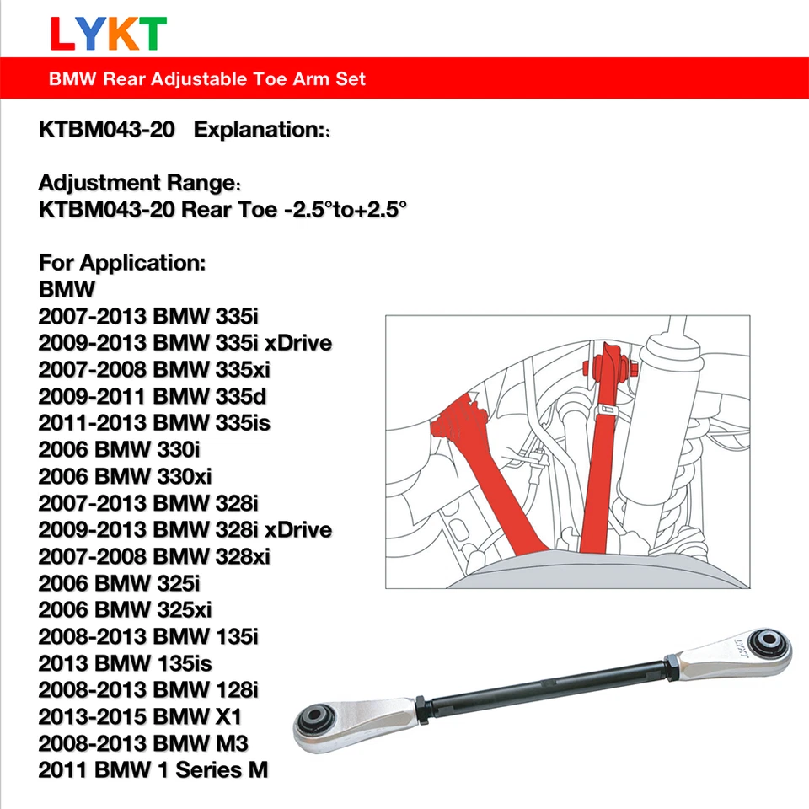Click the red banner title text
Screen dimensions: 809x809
[x=207, y=79]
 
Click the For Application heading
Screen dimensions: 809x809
[x=122, y=262]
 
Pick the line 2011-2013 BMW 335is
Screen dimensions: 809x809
[x=154, y=423]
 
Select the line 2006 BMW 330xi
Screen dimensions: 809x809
[x=125, y=477]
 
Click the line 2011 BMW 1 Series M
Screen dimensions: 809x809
[x=153, y=769]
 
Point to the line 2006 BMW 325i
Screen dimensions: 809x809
[x=120, y=583]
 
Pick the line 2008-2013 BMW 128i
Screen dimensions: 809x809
[x=148, y=689]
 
